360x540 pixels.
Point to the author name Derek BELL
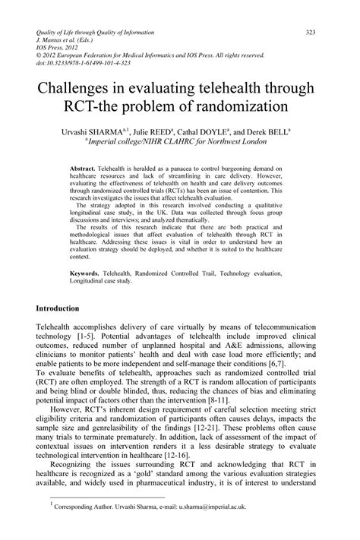270,131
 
